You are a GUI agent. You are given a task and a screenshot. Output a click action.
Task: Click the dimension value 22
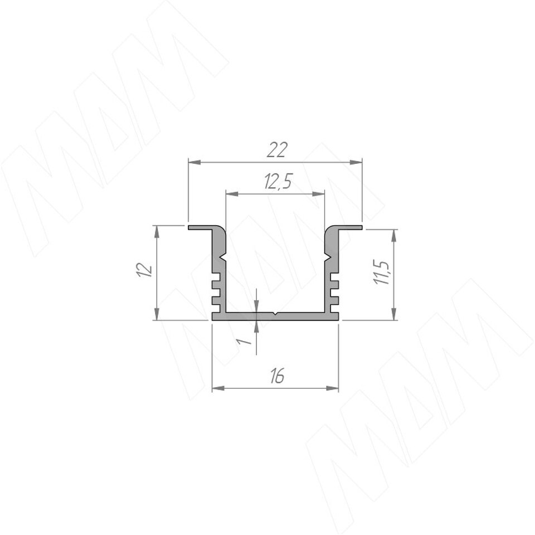pyautogui.click(x=277, y=149)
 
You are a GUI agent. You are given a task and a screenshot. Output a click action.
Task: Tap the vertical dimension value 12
pyautogui.click(x=145, y=270)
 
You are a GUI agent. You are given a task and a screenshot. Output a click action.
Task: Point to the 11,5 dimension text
pyautogui.click(x=381, y=273)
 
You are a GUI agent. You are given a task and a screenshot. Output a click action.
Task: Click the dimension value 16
pyautogui.click(x=277, y=376)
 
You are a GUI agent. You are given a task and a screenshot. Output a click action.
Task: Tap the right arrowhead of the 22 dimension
pyautogui.click(x=356, y=162)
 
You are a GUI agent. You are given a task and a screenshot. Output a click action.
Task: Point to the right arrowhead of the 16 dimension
pyautogui.click(x=332, y=388)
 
